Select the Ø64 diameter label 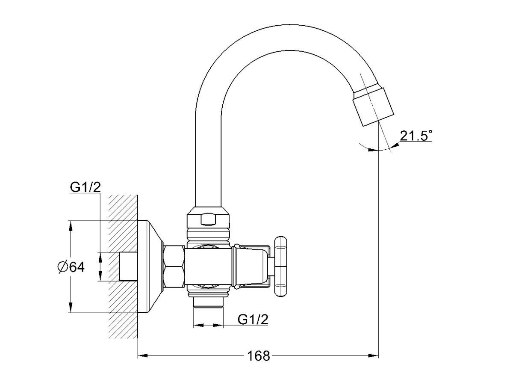(x=71, y=267)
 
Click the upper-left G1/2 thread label (x=85, y=187)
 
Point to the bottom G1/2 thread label (x=253, y=319)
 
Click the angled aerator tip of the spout (x=374, y=106)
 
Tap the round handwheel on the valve (x=280, y=267)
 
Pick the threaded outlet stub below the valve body (x=208, y=303)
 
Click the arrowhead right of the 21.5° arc (x=395, y=145)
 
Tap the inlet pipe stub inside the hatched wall (x=128, y=266)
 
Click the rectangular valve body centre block (x=208, y=267)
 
